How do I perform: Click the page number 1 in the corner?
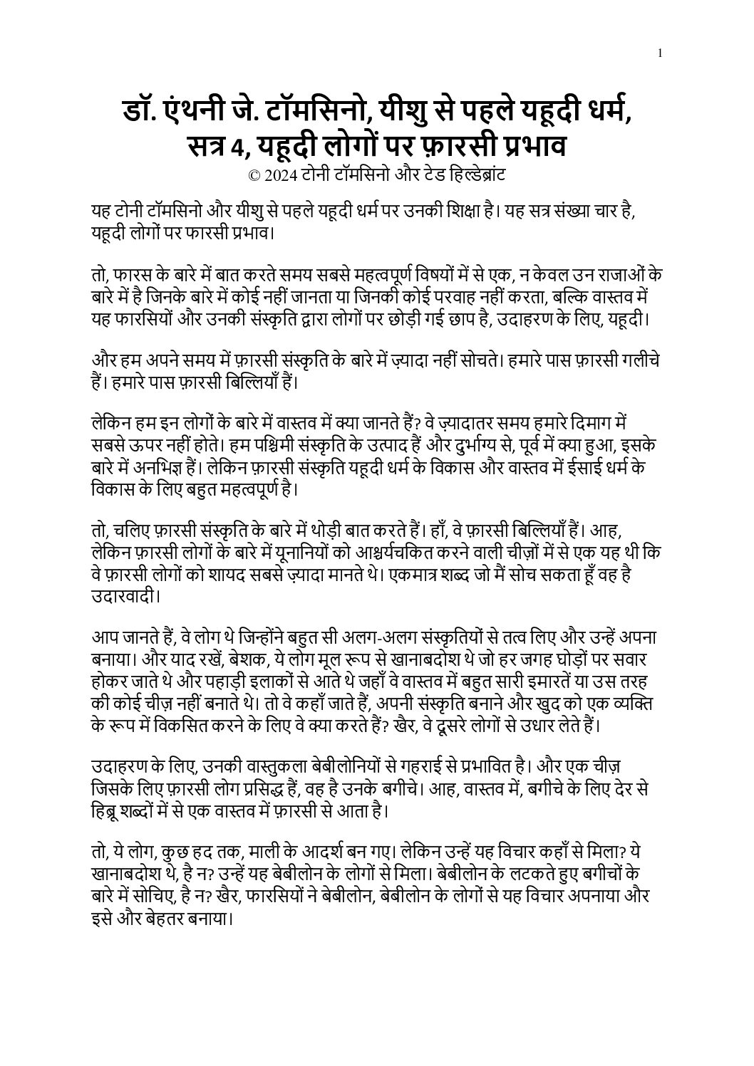pyautogui.click(x=661, y=52)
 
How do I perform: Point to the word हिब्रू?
pyautogui.click(x=106, y=810)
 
